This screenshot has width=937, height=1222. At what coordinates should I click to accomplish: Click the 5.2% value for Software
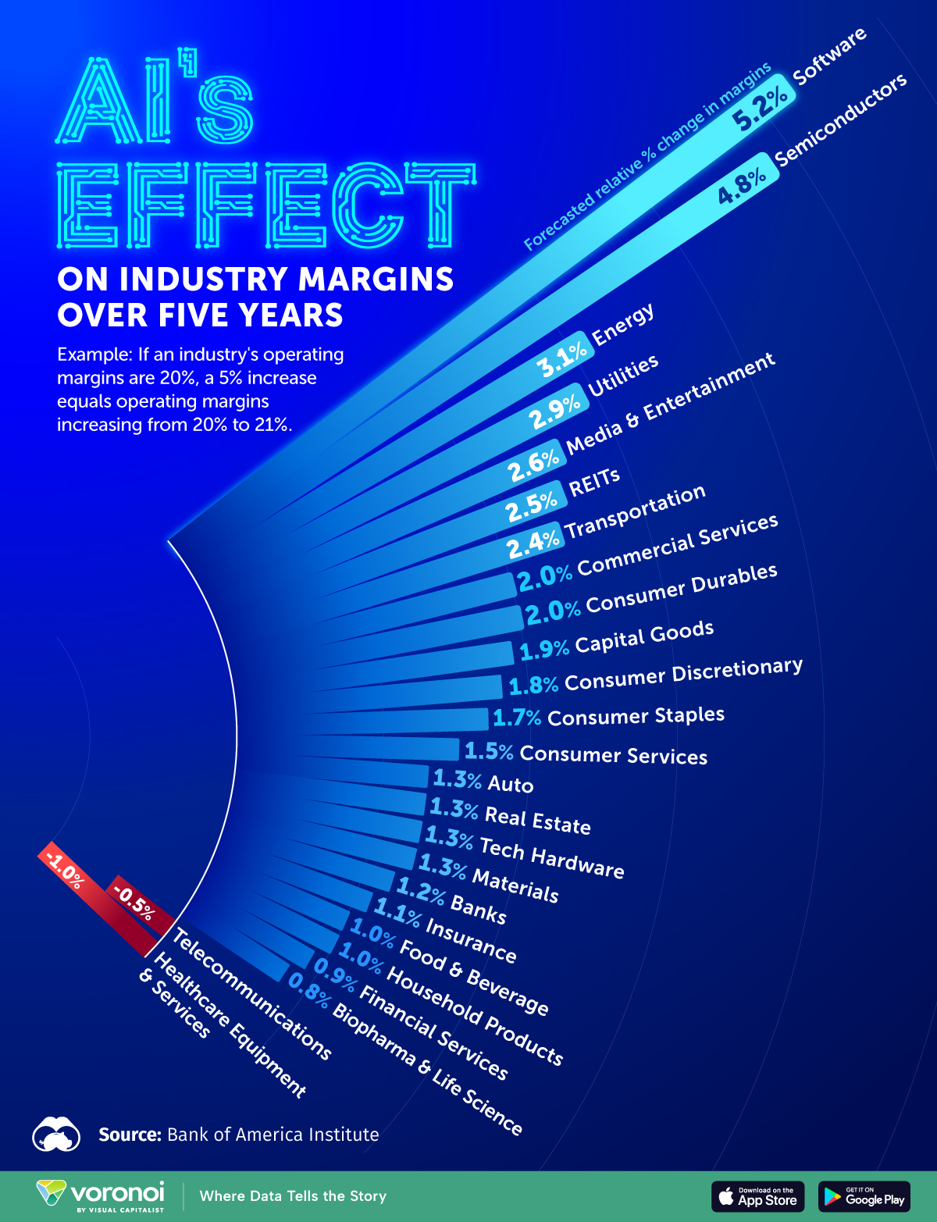[760, 109]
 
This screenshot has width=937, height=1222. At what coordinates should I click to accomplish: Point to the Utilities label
[623, 376]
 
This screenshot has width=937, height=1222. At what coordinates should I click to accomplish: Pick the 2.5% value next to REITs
[532, 507]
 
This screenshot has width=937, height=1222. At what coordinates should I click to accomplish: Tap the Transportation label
[636, 511]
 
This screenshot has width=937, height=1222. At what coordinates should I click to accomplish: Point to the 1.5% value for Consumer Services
[489, 751]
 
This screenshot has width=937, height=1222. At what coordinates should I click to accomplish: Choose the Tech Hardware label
[551, 857]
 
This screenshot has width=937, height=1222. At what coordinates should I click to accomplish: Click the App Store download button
[757, 1196]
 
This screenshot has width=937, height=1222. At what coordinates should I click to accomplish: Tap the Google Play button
[864, 1196]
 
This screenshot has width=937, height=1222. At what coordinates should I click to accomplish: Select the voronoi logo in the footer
[102, 1195]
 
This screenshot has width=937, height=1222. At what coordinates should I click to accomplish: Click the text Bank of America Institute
[273, 1135]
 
